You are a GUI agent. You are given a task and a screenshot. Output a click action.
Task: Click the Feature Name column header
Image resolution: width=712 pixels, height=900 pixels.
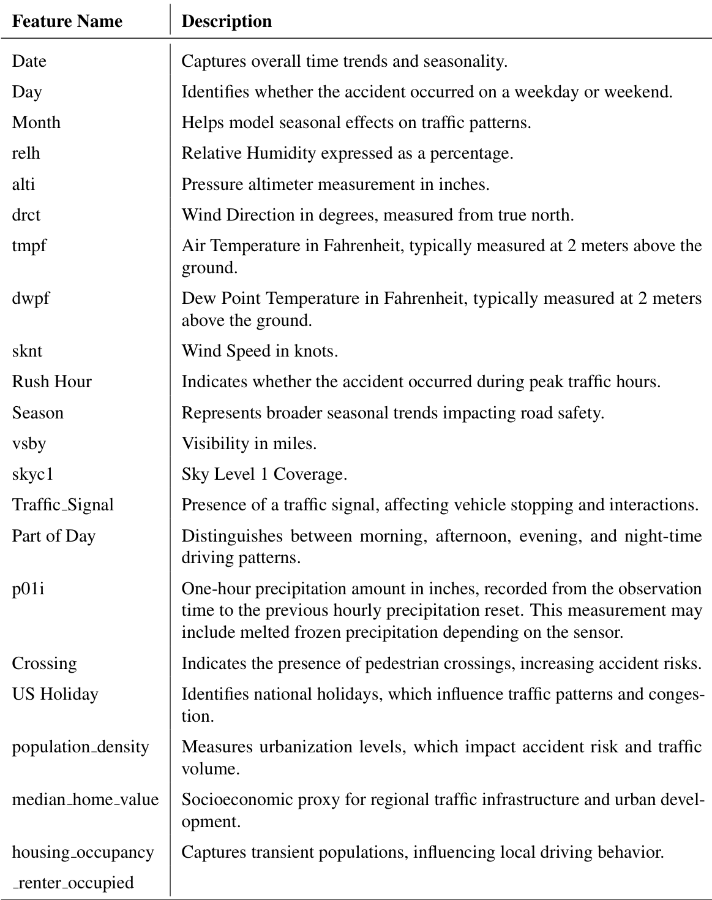coord(67,21)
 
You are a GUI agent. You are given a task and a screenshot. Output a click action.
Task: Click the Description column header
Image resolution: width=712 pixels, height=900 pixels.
coord(227,21)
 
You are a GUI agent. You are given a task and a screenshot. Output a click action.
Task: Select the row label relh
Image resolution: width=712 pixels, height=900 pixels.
coord(26,153)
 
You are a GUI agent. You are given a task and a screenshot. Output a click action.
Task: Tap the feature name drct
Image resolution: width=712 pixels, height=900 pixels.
coord(26,215)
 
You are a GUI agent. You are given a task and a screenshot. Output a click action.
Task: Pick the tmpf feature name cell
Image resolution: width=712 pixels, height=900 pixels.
coord(29,246)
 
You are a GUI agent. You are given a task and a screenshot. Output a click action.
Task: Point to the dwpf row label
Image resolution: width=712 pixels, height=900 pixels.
coord(31,298)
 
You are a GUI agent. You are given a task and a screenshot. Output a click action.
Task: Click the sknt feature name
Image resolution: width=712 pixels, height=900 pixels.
coord(28,351)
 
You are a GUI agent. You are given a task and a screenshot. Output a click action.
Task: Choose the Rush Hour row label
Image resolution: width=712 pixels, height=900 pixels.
coord(52,382)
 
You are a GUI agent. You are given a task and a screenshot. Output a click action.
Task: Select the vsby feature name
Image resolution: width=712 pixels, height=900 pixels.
coord(29,444)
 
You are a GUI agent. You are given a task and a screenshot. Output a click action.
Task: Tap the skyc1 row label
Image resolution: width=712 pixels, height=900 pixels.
coord(32,474)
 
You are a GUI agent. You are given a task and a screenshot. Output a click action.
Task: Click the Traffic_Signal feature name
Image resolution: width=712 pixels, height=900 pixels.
coord(63,505)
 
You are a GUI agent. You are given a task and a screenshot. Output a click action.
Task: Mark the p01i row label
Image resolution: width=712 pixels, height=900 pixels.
coord(28,589)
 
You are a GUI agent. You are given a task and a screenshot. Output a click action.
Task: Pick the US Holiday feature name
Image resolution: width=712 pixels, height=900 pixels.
coord(55,694)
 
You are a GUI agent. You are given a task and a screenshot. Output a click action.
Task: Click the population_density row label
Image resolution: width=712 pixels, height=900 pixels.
coord(80,747)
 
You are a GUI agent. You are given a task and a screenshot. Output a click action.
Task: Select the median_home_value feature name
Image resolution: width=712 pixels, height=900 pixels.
coord(85,800)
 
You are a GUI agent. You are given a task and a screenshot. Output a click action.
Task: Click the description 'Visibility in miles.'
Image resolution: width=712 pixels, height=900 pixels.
coord(249,444)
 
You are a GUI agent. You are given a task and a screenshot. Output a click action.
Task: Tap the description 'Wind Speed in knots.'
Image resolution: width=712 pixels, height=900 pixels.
coord(260,351)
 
